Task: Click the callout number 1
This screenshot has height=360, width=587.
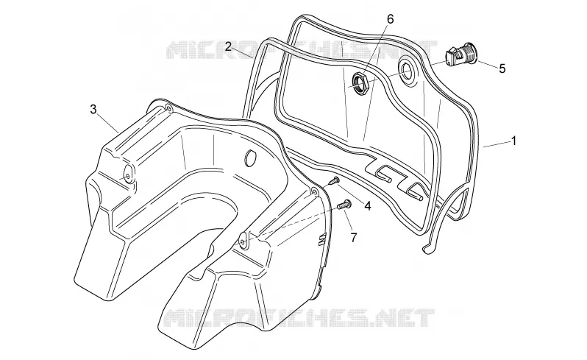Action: pos(514,141)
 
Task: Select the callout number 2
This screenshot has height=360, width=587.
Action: pos(228,46)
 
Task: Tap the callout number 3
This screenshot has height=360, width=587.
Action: pos(93,109)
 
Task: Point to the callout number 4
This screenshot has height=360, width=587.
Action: pos(368,205)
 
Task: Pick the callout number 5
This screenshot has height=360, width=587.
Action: pos(502,68)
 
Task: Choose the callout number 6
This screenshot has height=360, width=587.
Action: pos(391,19)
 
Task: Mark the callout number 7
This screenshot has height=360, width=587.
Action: pos(354,237)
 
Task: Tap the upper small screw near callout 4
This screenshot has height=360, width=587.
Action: pos(334,181)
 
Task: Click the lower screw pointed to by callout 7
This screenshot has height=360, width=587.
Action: pos(344,205)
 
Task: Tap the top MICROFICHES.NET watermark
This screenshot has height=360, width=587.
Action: pos(302,50)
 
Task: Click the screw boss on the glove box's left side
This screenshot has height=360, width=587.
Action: pos(128,175)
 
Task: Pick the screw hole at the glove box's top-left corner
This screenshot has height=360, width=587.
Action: pos(169,109)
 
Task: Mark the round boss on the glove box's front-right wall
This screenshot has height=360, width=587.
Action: pos(243,241)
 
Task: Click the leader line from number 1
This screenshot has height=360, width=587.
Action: pos(497,144)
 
